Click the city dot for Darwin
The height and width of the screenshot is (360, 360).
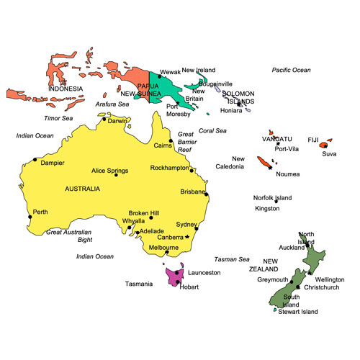(104, 120)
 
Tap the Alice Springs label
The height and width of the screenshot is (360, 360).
(109, 171)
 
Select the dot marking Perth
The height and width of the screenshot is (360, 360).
(29, 215)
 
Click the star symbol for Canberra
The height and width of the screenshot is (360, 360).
(186, 237)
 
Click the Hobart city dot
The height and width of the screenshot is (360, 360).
(177, 282)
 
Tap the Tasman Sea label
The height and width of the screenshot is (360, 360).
(231, 259)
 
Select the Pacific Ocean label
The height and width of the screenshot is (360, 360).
(291, 70)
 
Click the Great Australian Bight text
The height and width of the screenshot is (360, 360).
(69, 235)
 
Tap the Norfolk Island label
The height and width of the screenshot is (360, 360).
(272, 197)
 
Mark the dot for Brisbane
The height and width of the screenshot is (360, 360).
(207, 194)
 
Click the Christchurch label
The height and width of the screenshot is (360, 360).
(321, 287)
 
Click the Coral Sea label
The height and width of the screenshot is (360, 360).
(212, 130)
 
